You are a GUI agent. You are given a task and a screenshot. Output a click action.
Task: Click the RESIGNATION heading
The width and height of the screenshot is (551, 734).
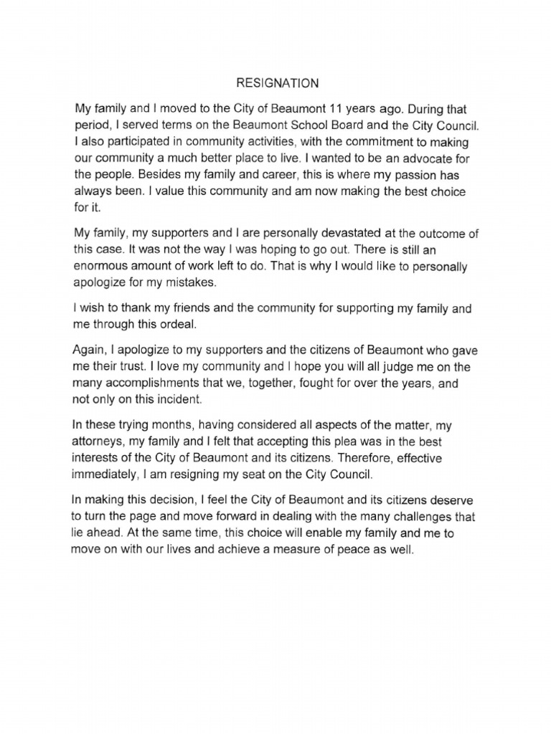(x=278, y=84)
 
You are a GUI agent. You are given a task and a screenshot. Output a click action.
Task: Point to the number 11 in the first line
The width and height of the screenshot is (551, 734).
(x=336, y=110)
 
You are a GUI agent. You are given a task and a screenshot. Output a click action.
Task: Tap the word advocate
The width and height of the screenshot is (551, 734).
(x=409, y=158)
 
